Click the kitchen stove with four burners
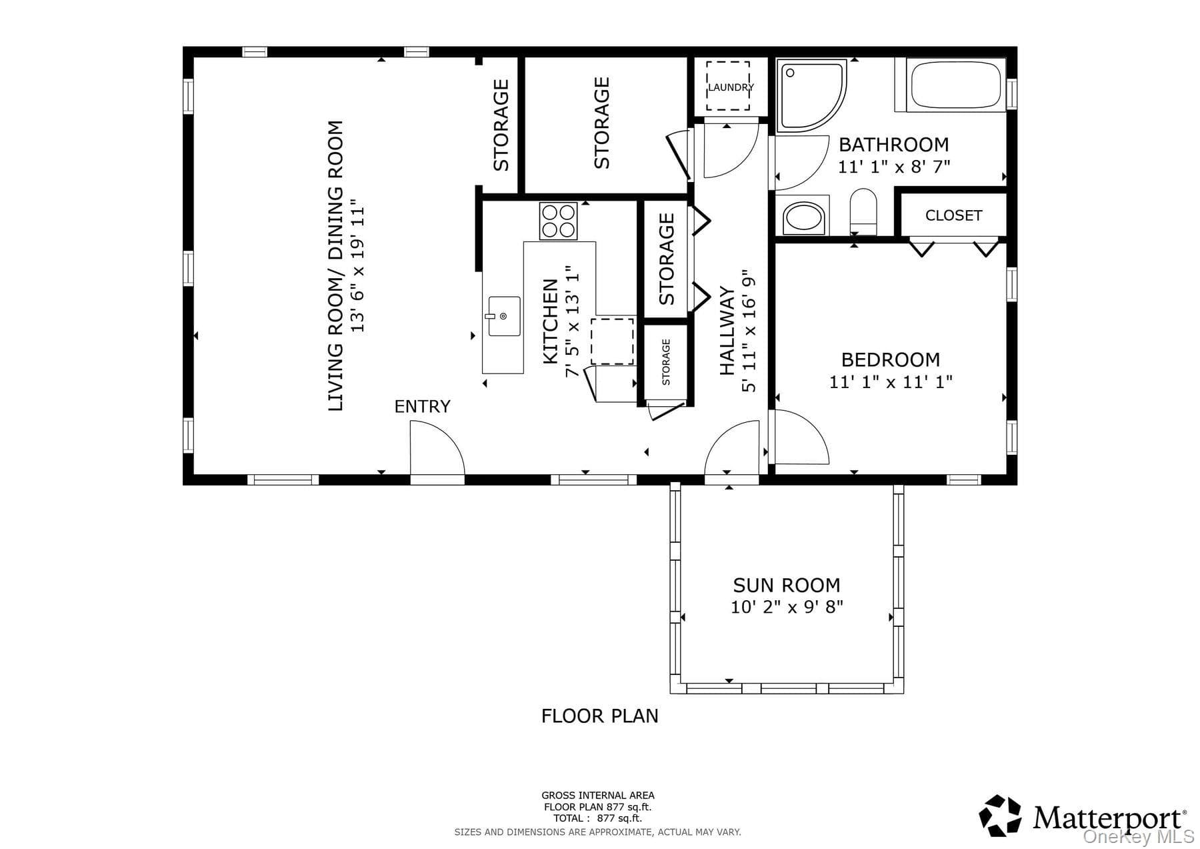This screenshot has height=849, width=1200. point(558,221)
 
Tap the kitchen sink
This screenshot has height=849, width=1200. point(503,316)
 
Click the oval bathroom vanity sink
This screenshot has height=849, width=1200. point(803,216)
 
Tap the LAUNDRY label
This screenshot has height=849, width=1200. point(731,87)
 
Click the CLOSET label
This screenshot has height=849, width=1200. point(953,215)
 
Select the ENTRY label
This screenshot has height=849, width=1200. point(422,406)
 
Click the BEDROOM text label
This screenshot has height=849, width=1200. point(890,359)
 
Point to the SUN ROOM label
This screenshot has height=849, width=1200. point(787,585)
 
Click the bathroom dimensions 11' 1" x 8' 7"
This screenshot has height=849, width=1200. point(893,166)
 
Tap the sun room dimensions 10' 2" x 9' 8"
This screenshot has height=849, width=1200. point(787,607)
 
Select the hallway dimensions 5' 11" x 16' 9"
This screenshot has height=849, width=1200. point(749,331)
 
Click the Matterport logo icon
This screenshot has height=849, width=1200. point(1000,815)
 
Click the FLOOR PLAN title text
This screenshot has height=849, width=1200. point(600,716)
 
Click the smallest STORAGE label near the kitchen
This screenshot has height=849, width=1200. point(666,362)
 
